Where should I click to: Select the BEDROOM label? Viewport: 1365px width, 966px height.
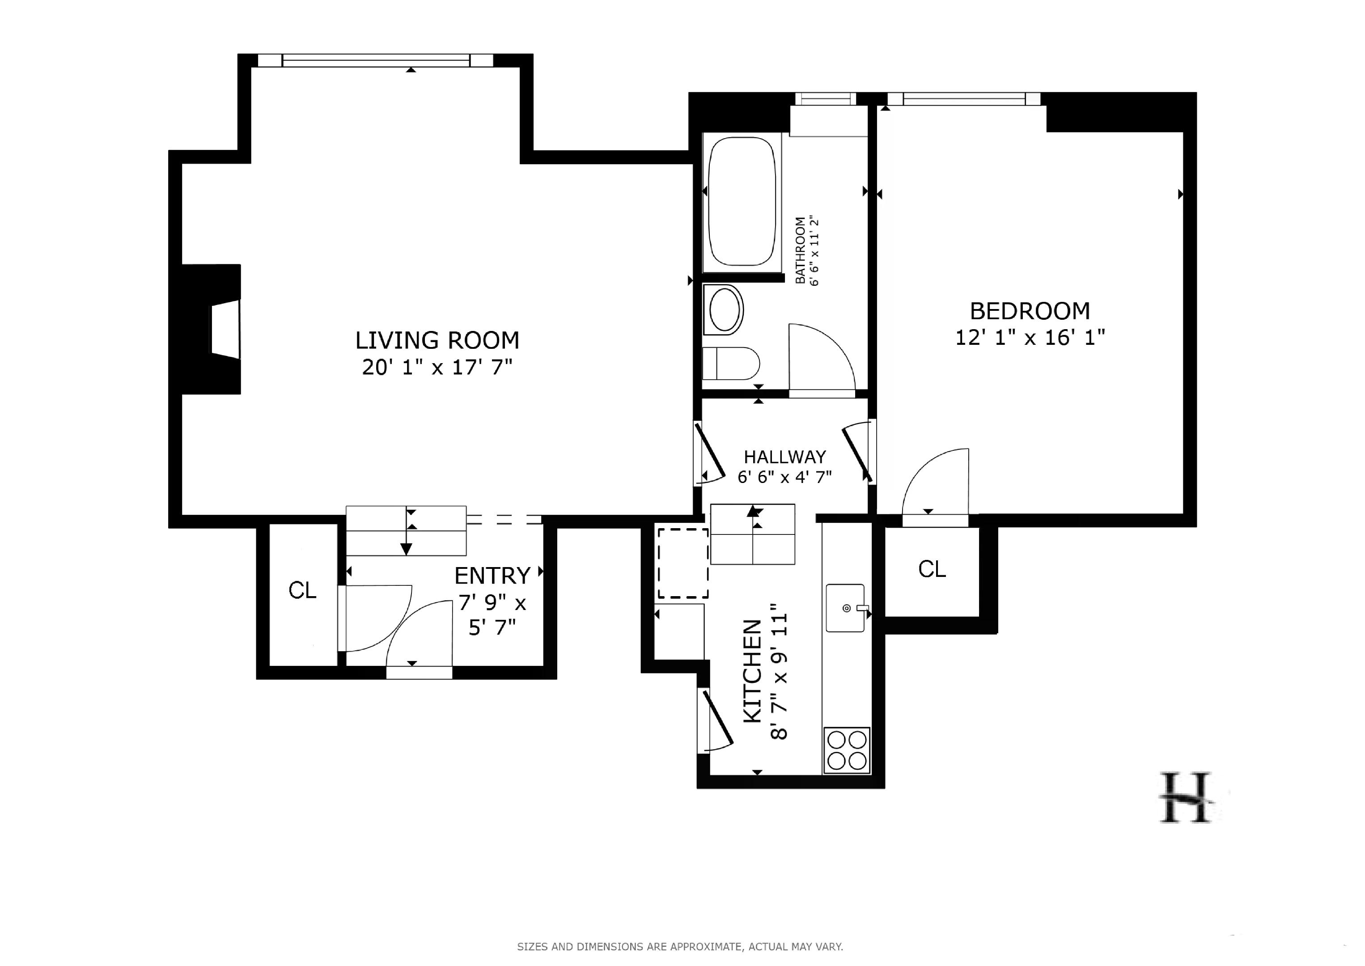click(x=1030, y=311)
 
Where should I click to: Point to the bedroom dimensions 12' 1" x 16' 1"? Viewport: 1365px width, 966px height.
click(x=1030, y=338)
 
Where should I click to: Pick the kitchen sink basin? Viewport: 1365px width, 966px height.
click(x=844, y=608)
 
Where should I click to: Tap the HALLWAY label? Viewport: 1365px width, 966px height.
click(x=784, y=457)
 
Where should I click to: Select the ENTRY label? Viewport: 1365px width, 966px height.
click(x=492, y=576)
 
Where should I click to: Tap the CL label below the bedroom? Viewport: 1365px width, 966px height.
click(x=932, y=569)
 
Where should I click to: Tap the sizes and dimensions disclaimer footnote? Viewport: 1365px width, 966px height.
click(x=680, y=946)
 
